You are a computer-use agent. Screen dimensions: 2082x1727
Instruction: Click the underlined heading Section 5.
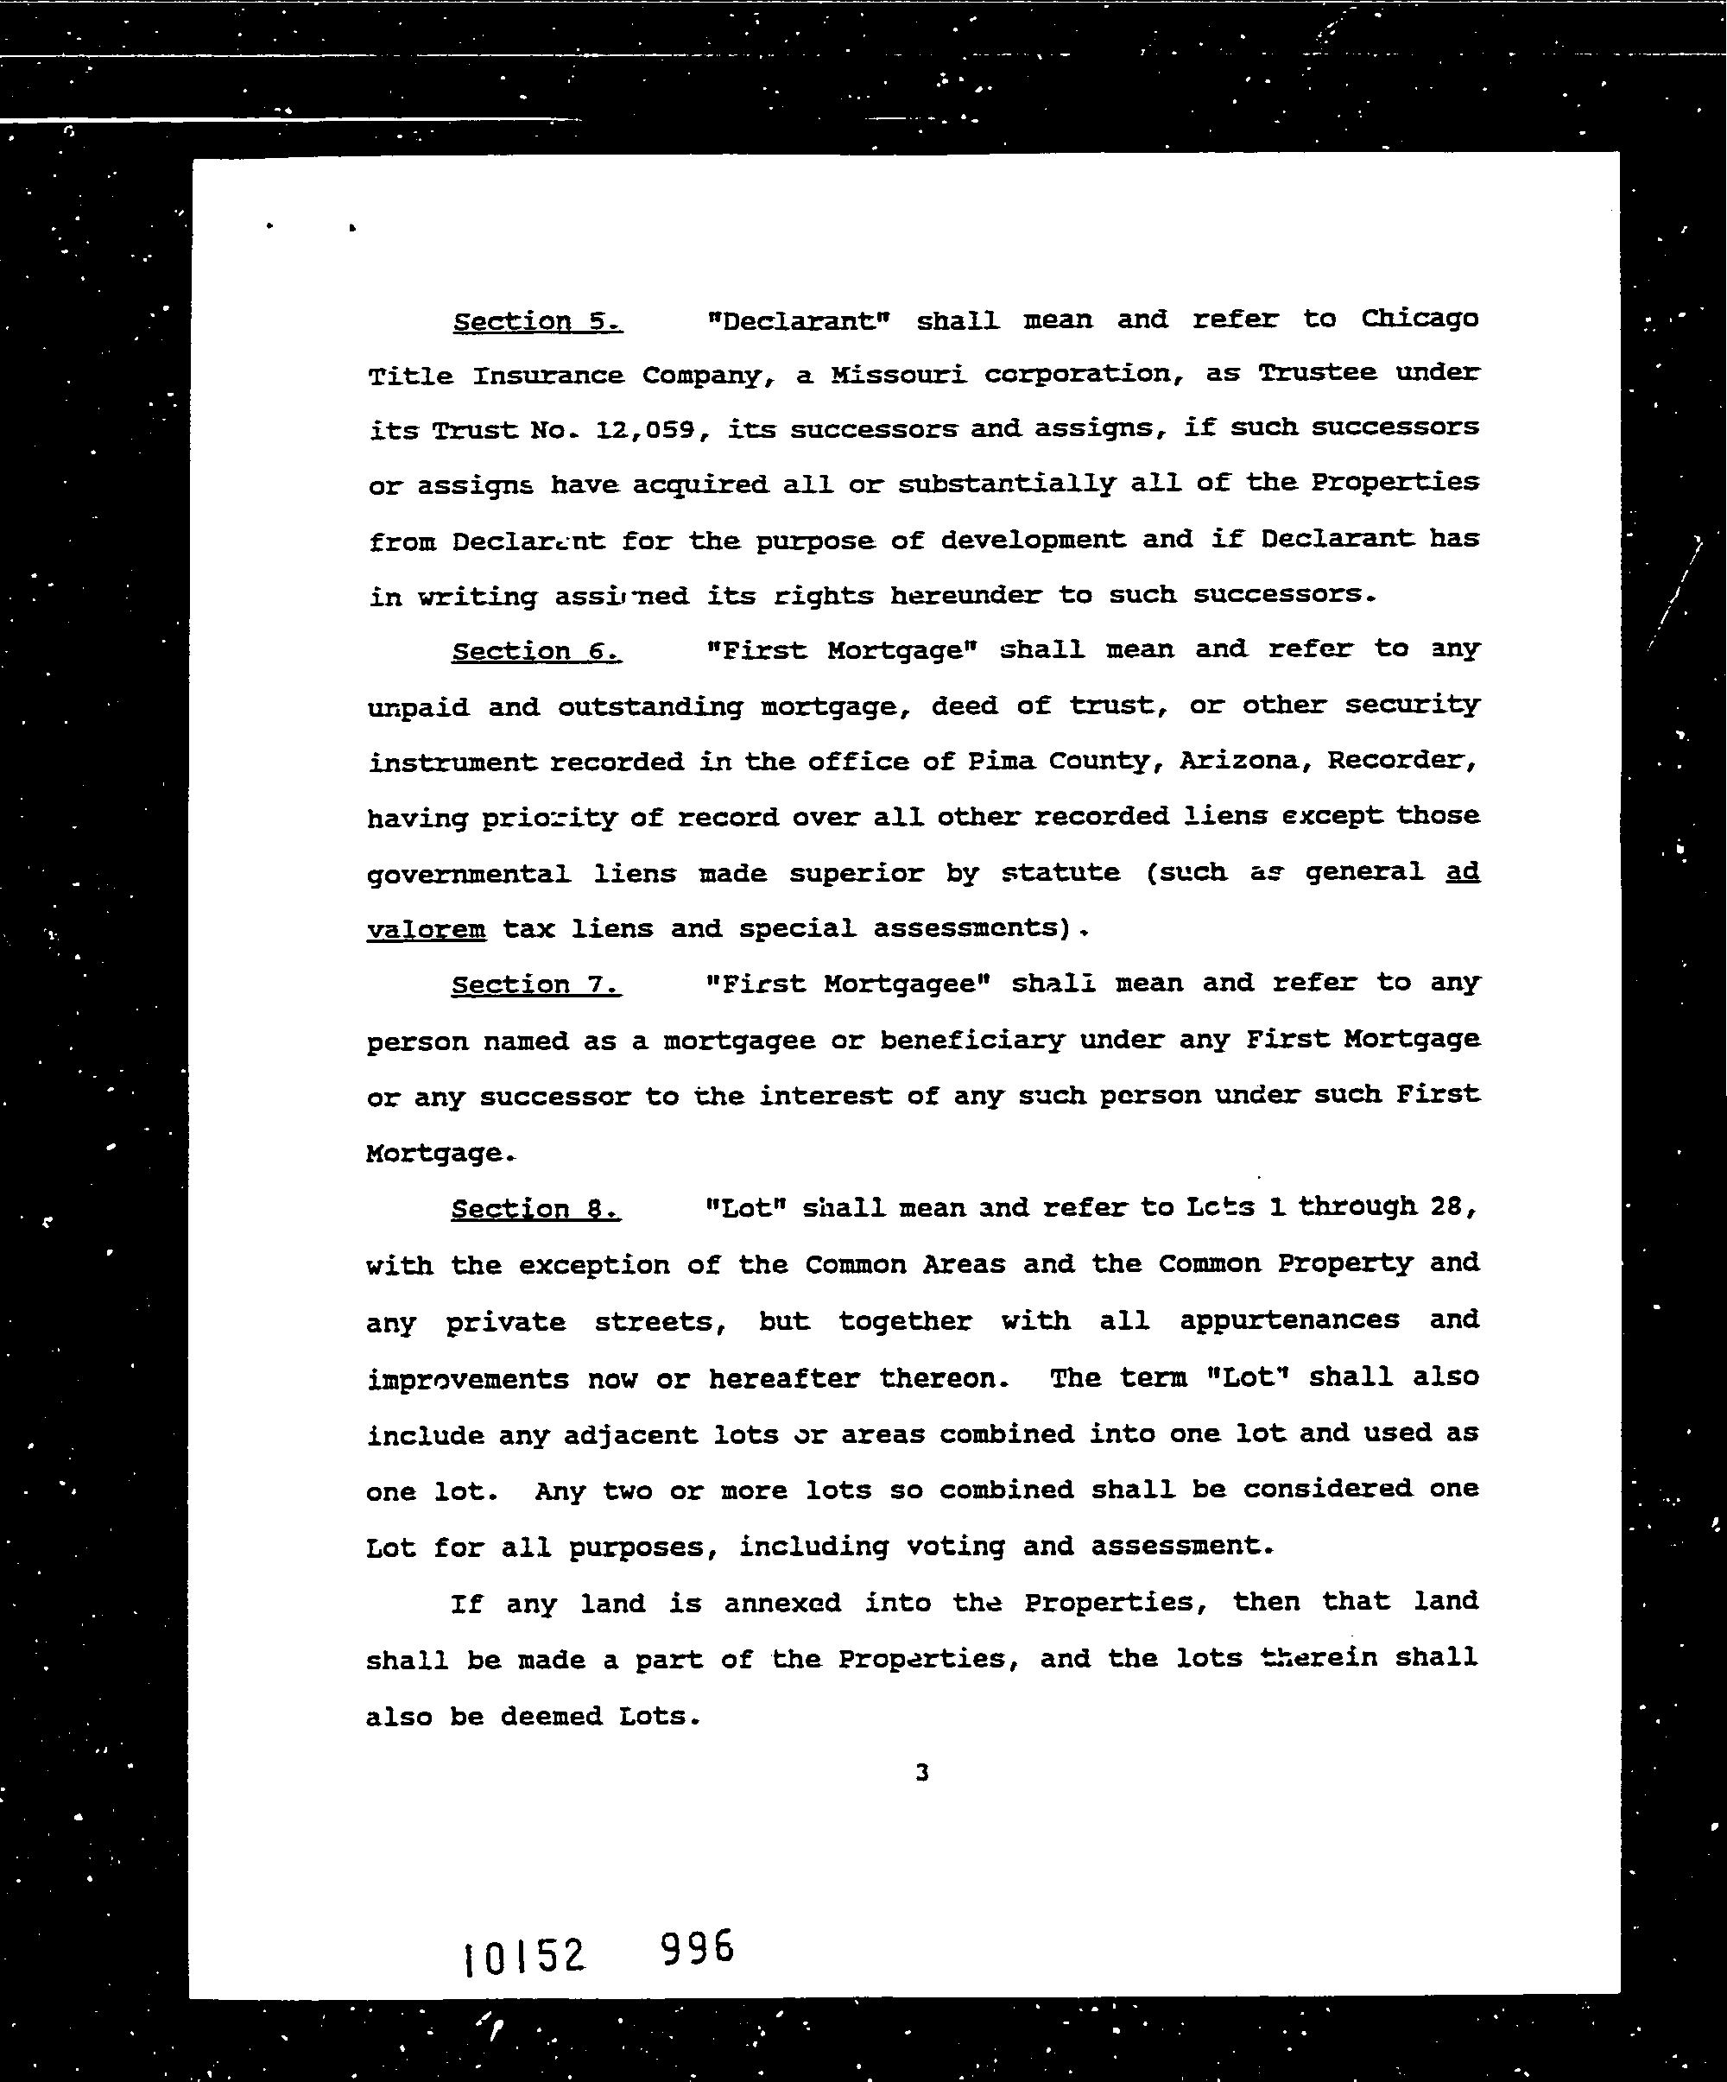pyautogui.click(x=537, y=321)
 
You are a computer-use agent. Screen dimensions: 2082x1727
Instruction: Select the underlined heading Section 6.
pyautogui.click(x=536, y=651)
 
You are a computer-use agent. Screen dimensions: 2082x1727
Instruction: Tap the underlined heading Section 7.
pyautogui.click(x=535, y=984)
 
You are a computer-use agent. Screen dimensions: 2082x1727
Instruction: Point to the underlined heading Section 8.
pyautogui.click(x=535, y=1210)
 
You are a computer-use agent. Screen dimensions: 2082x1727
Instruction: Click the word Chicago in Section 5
pyautogui.click(x=1419, y=319)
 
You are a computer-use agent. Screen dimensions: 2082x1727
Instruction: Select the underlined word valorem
pyautogui.click(x=427, y=930)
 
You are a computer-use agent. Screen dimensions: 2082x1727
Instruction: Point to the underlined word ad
pyautogui.click(x=1461, y=871)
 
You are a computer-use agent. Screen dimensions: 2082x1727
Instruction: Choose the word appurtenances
pyautogui.click(x=1289, y=1320)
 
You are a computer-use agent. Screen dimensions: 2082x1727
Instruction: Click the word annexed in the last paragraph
pyautogui.click(x=782, y=1603)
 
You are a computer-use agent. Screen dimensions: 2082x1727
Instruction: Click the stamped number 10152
pyautogui.click(x=524, y=1956)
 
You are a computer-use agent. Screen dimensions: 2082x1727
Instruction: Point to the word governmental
pyautogui.click(x=468, y=875)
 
